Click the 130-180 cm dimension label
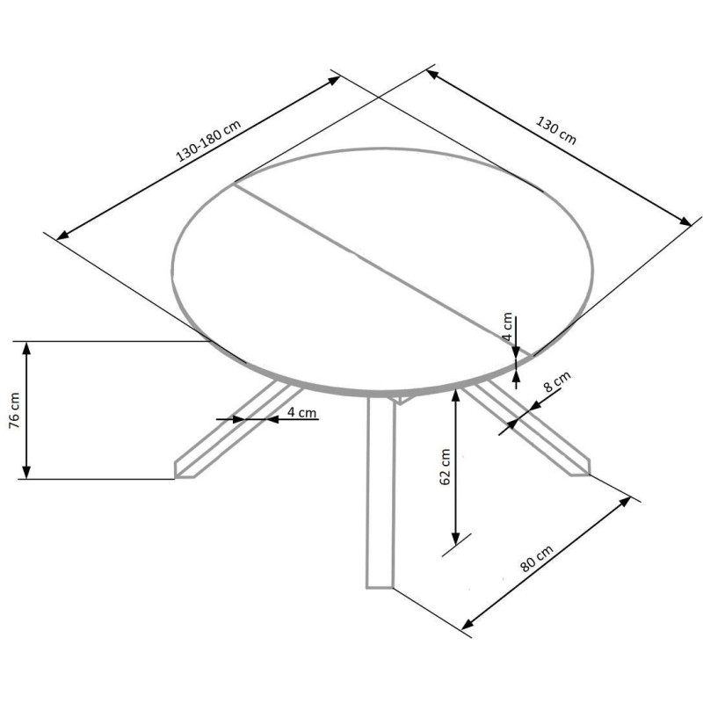coord(209,141)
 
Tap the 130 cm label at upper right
coord(556,130)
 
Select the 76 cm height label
coord(15,410)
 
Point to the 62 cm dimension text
coord(446,467)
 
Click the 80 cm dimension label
coord(537,558)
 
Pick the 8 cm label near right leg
coord(557,381)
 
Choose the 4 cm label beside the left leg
coord(301,412)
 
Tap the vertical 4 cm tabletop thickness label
coord(507,327)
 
